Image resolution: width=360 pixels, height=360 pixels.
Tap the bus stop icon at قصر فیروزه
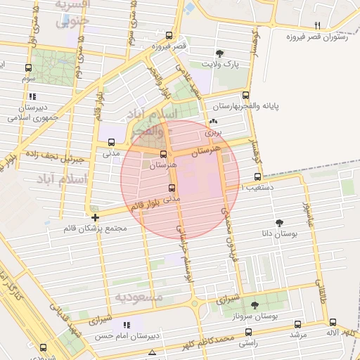point(168,35)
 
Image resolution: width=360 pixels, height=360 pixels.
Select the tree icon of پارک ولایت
point(219,53)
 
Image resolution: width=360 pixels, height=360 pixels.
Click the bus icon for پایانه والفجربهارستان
point(245,95)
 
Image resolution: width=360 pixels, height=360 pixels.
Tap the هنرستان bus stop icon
point(164,154)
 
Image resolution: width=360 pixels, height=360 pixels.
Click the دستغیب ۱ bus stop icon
point(257,176)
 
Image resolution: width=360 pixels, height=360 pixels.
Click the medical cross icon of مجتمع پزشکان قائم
point(95,217)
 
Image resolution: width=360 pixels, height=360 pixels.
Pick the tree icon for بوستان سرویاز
point(254,305)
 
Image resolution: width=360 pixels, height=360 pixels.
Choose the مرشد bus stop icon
point(297,324)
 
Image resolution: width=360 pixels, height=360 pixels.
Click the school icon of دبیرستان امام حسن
point(127,325)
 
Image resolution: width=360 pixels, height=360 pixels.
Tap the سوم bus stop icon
point(28,68)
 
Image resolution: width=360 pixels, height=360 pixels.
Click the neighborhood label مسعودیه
point(139,297)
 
